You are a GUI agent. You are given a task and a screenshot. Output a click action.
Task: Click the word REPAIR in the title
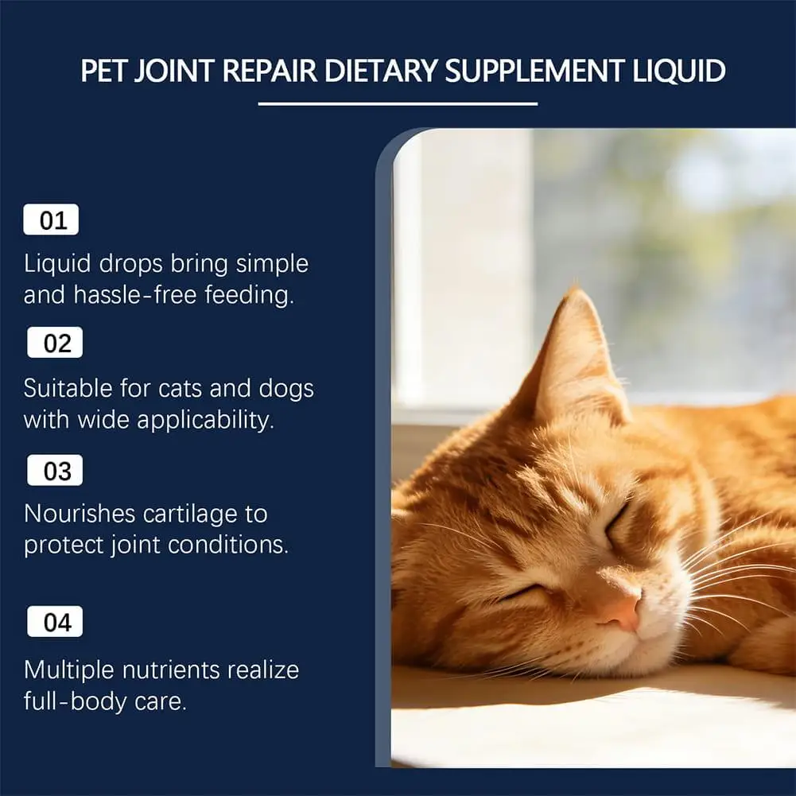(x=270, y=71)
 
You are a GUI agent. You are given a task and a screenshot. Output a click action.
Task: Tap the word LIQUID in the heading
(x=679, y=71)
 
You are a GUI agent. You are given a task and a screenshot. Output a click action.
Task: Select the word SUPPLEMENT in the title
(x=534, y=71)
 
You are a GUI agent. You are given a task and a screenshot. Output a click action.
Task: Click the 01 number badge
(x=51, y=219)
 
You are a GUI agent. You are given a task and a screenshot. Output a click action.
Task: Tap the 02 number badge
(x=55, y=343)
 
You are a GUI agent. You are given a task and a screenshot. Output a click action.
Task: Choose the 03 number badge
(x=55, y=470)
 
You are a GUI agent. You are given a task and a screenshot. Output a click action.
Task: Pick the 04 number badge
(x=55, y=621)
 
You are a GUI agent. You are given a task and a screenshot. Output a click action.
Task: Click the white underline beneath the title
(x=398, y=104)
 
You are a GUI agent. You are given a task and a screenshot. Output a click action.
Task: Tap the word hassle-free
(x=135, y=294)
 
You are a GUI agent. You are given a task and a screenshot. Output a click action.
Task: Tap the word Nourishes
(x=80, y=514)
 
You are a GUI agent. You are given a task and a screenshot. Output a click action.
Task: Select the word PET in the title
(x=103, y=71)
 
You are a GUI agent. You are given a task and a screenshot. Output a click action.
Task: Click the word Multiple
(x=69, y=670)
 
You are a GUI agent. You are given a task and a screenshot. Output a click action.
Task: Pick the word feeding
(x=249, y=294)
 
